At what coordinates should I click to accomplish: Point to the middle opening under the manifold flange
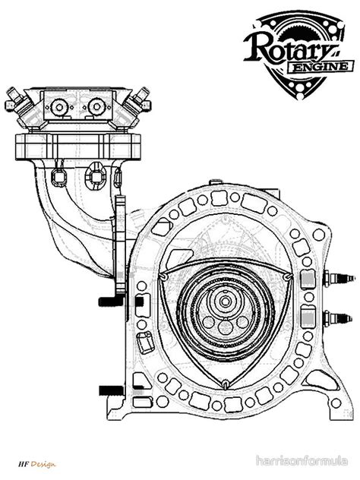coord(95,176)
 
